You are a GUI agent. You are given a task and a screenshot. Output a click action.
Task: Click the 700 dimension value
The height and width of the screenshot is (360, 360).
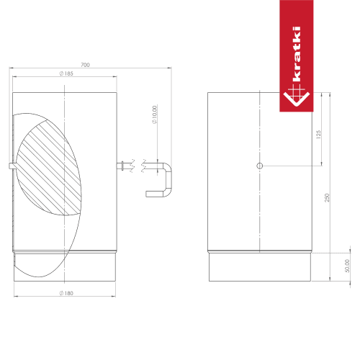coord(85,65)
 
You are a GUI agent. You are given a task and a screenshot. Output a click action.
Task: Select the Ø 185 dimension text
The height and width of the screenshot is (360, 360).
coord(66,73)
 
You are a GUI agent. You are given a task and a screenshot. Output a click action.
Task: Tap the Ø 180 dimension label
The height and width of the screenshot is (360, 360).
coord(66,293)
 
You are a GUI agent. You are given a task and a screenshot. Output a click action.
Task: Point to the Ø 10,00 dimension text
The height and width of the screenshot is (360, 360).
coord(154,114)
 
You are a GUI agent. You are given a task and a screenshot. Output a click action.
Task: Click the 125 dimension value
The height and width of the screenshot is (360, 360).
coord(318,135)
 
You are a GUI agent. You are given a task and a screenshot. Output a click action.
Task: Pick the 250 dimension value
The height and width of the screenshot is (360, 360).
coord(327,197)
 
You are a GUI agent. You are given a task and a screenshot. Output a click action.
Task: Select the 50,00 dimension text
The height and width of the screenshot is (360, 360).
coord(347,266)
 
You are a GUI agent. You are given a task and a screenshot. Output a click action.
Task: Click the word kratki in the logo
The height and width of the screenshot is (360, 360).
coord(297,54)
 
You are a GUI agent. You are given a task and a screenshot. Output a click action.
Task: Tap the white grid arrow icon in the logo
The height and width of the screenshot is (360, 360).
coord(297,96)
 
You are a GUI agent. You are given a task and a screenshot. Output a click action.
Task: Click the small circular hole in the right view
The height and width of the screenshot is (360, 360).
coord(260,166)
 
